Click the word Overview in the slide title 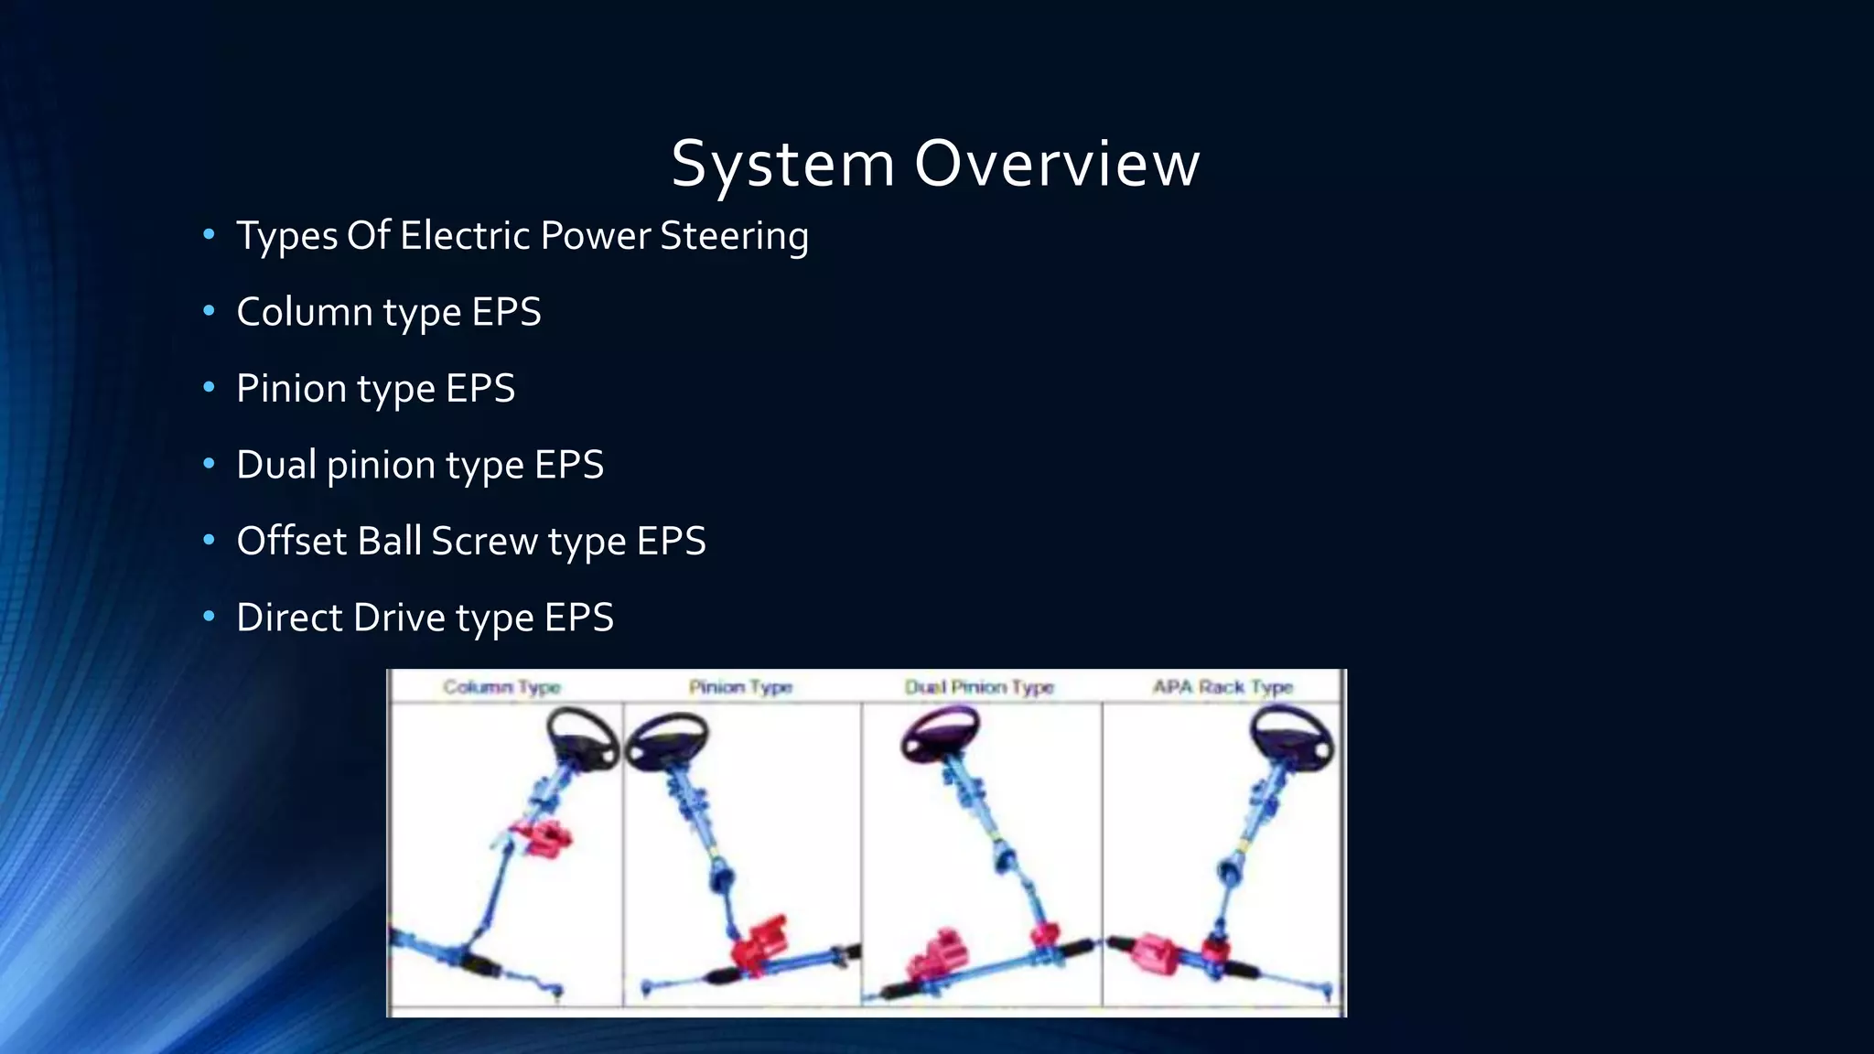pos(1056,165)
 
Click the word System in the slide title pos(783,165)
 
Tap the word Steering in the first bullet pos(734,236)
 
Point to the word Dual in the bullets pos(276,465)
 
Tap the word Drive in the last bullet pos(399,618)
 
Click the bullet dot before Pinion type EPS pos(209,388)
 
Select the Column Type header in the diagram pos(501,687)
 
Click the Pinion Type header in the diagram pos(740,687)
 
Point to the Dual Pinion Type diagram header pos(979,687)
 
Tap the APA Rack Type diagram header pos(1222,687)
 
